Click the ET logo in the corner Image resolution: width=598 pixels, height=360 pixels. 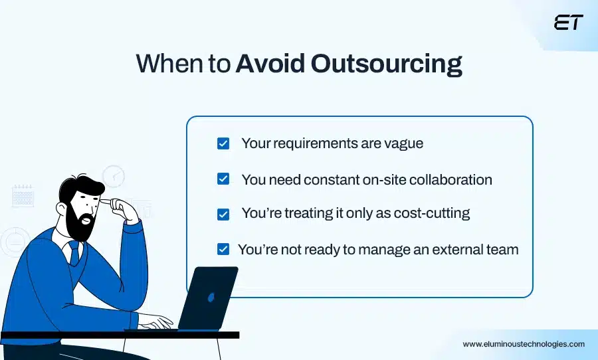point(568,23)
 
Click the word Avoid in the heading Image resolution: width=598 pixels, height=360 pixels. point(270,64)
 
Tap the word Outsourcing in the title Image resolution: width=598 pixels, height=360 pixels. point(387,64)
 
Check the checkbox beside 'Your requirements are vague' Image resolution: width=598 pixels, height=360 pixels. point(223,143)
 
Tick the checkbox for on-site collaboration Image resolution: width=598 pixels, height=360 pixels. point(223,179)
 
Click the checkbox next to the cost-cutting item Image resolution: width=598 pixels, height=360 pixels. point(223,214)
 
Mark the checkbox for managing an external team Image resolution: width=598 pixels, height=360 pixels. point(223,250)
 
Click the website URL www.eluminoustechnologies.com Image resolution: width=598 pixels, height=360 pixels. point(524,344)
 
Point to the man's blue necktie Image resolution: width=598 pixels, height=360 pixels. point(74,252)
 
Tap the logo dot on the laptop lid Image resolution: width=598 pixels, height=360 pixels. point(211,297)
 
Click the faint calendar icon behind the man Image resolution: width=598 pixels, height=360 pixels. point(23,195)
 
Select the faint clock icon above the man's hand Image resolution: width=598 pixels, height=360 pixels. point(114,176)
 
